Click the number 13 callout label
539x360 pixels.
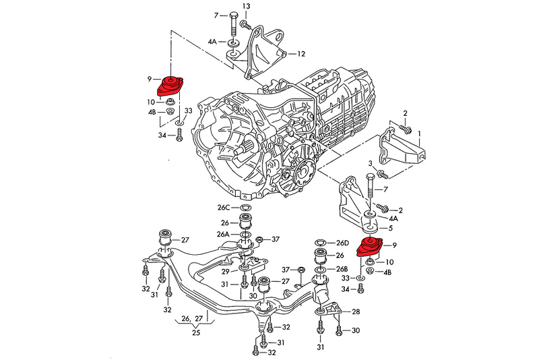pyautogui.click(x=246, y=6)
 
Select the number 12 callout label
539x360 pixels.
pyautogui.click(x=301, y=53)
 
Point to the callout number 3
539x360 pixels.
pyautogui.click(x=371, y=164)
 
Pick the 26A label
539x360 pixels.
pyautogui.click(x=223, y=234)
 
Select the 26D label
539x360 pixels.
pyautogui.click(x=343, y=243)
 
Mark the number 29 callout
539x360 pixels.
pyautogui.click(x=226, y=271)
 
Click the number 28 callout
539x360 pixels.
pyautogui.click(x=356, y=311)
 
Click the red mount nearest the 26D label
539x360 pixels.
pyautogui.click(x=369, y=247)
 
